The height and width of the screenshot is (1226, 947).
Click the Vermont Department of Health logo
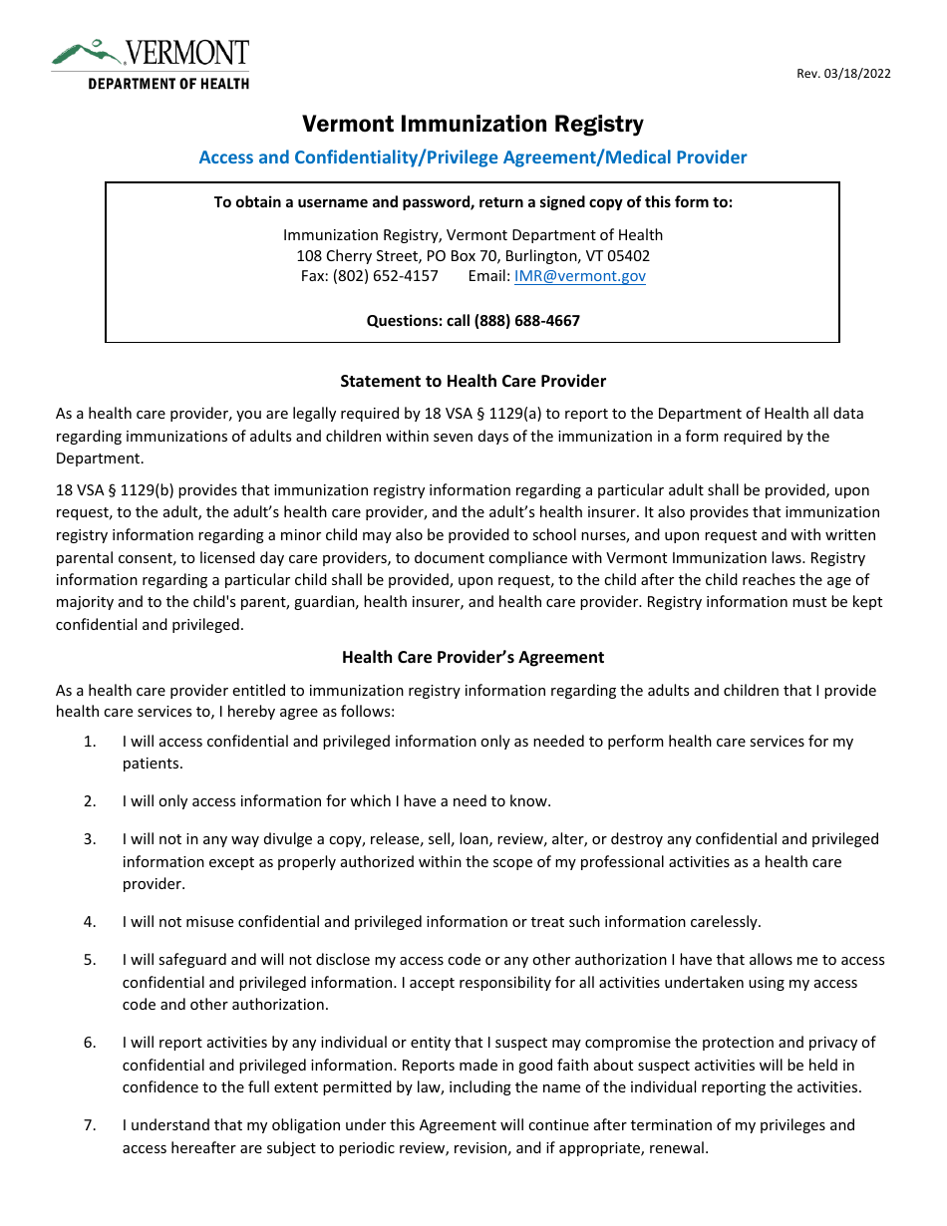tap(151, 65)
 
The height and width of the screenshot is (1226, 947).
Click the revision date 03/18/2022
tap(843, 74)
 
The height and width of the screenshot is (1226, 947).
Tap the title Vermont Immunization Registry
tap(473, 125)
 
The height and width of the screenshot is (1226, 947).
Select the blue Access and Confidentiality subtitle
tap(473, 157)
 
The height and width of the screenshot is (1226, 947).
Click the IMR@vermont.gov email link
tap(579, 276)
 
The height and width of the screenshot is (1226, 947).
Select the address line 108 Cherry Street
tap(473, 256)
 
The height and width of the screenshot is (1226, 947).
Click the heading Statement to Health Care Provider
tap(473, 381)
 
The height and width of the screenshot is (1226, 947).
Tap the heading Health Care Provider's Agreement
tap(473, 657)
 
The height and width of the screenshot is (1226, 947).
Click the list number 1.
tap(90, 742)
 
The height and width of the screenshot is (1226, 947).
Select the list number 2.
tap(90, 801)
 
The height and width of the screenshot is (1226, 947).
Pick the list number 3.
tap(90, 839)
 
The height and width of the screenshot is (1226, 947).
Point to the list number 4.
tap(90, 922)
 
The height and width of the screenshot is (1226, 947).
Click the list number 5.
tap(90, 960)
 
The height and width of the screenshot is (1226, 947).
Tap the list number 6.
tap(90, 1043)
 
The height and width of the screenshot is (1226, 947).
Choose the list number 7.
tap(90, 1125)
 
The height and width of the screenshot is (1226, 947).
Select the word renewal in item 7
tap(678, 1147)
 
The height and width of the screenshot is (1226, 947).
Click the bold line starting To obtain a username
tap(473, 202)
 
